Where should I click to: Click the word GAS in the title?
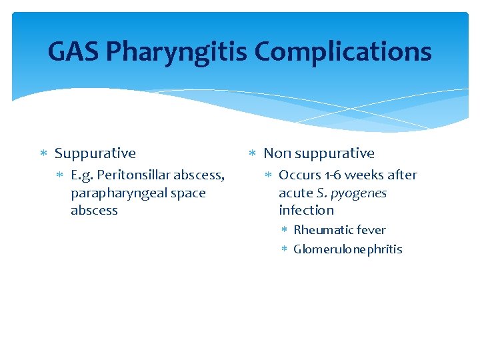point(74,52)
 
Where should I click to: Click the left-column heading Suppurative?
point(95,153)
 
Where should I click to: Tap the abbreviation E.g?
point(83,175)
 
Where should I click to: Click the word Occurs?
point(299,175)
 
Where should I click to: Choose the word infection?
point(306,211)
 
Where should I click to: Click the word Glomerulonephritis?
point(348,249)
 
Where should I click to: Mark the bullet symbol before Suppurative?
point(43,154)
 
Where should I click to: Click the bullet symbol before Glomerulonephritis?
point(283,249)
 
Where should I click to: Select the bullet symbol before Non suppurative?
point(252,154)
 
